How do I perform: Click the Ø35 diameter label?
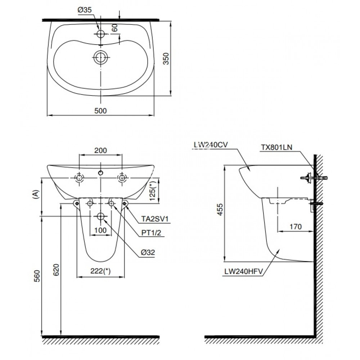(x=85, y=11)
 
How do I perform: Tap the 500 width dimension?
(x=101, y=111)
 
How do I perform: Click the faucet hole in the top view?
(x=101, y=34)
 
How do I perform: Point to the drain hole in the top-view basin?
(x=101, y=57)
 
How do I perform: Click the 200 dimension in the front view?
(x=100, y=150)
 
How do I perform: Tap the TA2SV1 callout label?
(x=150, y=219)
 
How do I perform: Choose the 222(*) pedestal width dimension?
(x=100, y=272)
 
